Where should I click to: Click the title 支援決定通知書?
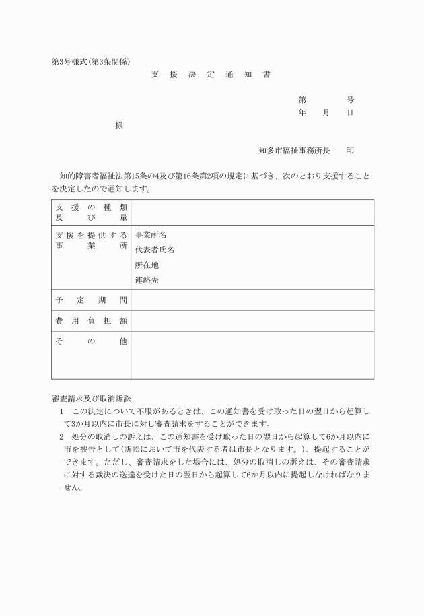coord(211,75)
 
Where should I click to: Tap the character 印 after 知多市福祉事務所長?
coord(350,151)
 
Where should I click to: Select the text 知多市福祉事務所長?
coord(294,151)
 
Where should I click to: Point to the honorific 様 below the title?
coord(119,125)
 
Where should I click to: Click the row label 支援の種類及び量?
coord(91,212)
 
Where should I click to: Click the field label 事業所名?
coord(151,235)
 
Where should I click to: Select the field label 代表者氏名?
coord(155,250)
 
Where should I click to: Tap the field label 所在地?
coord(147,265)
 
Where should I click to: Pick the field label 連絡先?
coord(147,280)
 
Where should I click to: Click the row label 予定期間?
coord(91,300)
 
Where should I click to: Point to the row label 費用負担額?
coord(91,321)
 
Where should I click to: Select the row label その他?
coord(91,342)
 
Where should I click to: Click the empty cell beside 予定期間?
coord(252,300)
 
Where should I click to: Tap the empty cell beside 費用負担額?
coord(252,321)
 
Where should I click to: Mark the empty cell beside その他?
coord(252,355)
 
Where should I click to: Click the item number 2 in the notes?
coord(61,436)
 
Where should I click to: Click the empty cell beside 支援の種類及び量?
coord(252,212)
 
